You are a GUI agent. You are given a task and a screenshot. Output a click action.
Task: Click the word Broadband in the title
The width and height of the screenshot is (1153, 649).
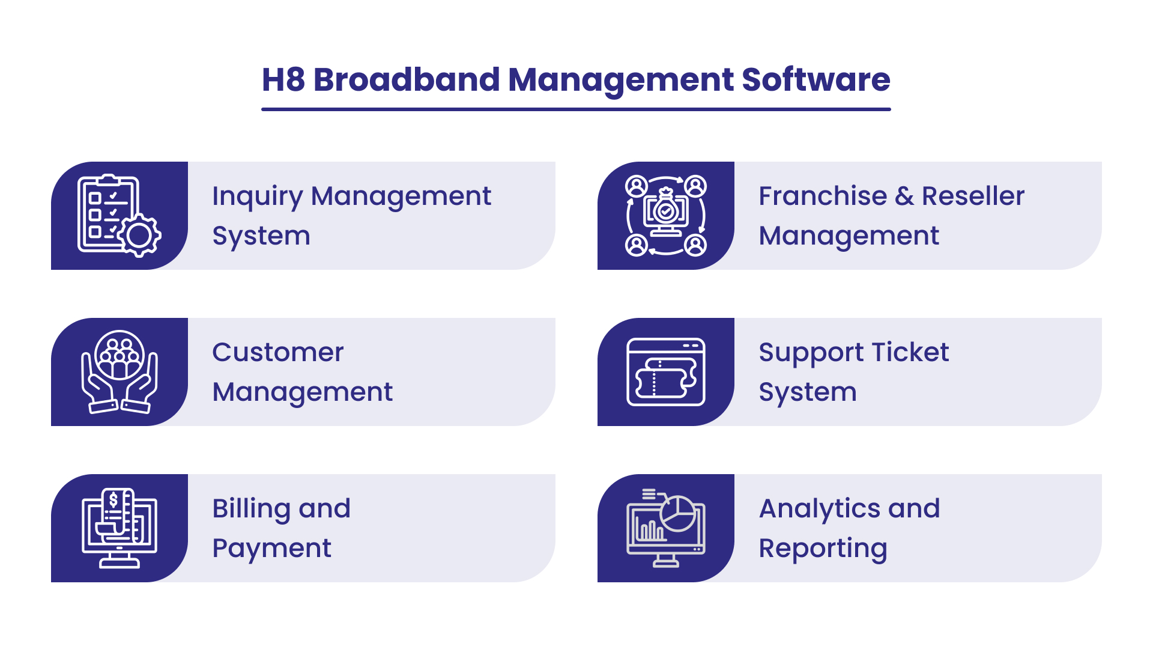pyautogui.click(x=407, y=79)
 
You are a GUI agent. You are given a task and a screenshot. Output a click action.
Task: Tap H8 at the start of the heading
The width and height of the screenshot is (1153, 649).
pyautogui.click(x=283, y=79)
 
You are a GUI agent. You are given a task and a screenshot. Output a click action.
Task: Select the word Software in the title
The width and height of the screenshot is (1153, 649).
pyautogui.click(x=816, y=79)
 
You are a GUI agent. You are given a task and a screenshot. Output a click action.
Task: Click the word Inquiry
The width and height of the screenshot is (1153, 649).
pyautogui.click(x=258, y=197)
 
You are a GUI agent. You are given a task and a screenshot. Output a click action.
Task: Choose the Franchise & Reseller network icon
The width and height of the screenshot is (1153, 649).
pyautogui.click(x=666, y=216)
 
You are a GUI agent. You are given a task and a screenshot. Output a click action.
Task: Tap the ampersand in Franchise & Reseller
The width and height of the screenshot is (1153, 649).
pyautogui.click(x=904, y=196)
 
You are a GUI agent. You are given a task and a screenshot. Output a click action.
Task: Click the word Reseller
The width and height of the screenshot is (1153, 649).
pyautogui.click(x=973, y=196)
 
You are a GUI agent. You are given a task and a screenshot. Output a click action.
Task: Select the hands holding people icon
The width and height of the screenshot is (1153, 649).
pyautogui.click(x=120, y=372)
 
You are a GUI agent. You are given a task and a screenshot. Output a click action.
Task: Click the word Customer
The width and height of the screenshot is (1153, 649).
pyautogui.click(x=278, y=352)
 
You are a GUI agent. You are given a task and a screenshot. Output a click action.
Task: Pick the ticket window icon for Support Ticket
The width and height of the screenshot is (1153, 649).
pyautogui.click(x=666, y=372)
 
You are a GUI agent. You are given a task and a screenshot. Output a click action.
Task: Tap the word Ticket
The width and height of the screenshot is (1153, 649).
pyautogui.click(x=910, y=352)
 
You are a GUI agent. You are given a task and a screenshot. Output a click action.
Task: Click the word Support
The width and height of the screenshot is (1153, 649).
pyautogui.click(x=811, y=353)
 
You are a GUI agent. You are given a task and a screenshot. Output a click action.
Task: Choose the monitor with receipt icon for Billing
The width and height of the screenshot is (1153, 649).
pyautogui.click(x=120, y=528)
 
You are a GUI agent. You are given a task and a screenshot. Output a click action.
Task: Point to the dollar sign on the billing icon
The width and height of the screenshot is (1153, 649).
pyautogui.click(x=113, y=500)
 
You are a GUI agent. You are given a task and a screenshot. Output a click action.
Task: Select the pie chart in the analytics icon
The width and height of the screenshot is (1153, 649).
pyautogui.click(x=678, y=514)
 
